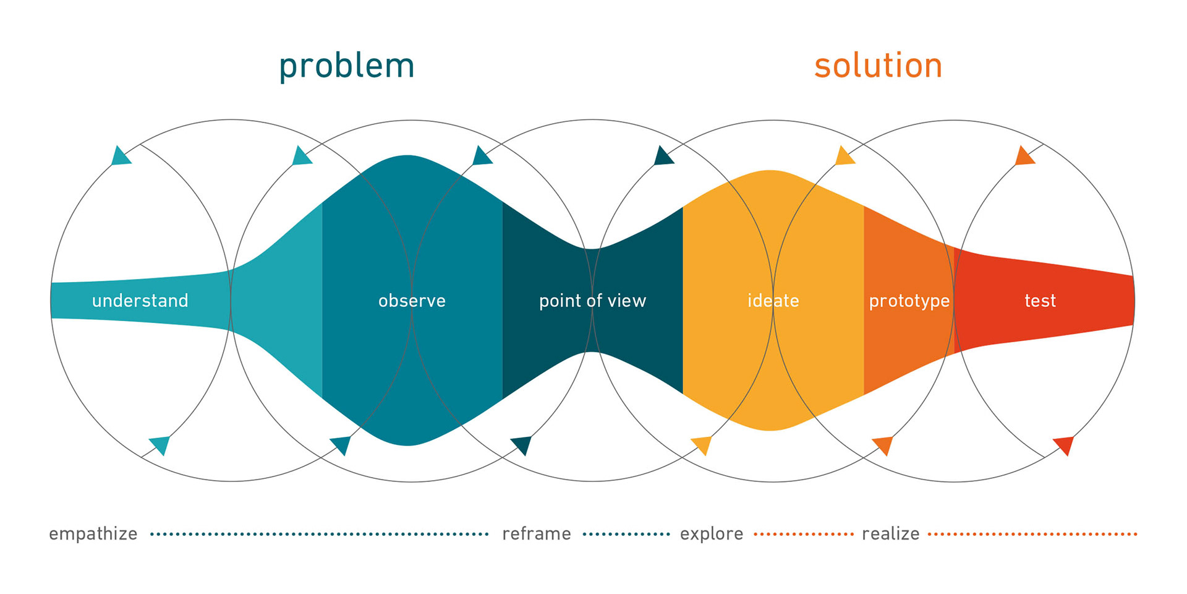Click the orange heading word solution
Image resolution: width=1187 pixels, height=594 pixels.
coord(878,66)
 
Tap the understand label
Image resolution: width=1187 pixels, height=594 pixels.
coord(140,301)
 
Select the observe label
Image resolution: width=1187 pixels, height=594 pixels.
coord(412,301)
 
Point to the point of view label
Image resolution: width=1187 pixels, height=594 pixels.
coord(592,301)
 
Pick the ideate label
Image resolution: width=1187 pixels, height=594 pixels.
coord(773,301)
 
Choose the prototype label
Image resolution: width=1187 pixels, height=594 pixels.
coord(909,301)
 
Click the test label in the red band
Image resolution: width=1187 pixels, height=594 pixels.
coord(1040,301)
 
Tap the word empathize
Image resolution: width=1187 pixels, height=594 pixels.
coord(93,534)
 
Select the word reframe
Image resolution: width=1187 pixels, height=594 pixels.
coord(537,533)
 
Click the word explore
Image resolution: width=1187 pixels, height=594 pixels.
coord(712,534)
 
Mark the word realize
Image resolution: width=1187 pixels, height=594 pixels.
coord(891,533)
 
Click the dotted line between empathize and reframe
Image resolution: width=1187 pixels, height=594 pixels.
coord(320,534)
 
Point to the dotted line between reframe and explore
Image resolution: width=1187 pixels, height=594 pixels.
coord(626,534)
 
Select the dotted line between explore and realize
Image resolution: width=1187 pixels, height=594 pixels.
coord(803,534)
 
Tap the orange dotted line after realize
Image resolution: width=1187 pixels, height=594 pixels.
coord(1032,534)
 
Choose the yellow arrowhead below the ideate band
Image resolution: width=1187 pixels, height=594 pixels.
coord(702,445)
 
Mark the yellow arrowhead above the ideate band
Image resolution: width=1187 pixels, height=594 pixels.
coord(844,156)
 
